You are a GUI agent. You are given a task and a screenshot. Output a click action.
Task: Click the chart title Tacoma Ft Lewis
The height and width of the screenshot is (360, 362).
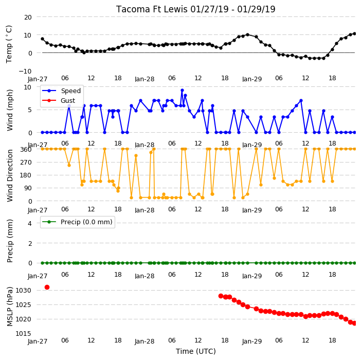[152, 9]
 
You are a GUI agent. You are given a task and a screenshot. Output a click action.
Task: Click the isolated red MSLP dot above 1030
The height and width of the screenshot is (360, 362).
[47, 287]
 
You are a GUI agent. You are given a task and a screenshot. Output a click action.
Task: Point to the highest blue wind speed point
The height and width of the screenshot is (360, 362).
[182, 91]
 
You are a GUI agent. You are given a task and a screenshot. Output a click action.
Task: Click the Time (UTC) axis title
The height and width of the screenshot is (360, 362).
[196, 351]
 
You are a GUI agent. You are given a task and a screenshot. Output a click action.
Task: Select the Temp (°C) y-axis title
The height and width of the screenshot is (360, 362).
[9, 44]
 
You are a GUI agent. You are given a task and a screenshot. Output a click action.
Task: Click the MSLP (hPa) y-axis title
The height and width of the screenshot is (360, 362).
[9, 307]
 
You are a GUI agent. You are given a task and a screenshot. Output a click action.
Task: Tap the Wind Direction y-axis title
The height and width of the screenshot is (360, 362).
[10, 175]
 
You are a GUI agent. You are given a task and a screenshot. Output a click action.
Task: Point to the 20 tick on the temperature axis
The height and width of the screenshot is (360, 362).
[28, 17]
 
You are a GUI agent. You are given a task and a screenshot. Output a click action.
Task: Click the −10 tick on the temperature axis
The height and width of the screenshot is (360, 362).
[25, 71]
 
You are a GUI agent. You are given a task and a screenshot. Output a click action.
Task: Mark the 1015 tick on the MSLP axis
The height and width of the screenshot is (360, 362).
[23, 333]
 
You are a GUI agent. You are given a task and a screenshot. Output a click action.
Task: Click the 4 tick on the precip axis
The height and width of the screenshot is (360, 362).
[30, 223]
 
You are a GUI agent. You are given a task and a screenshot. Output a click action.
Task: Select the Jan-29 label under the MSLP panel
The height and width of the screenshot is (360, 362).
[252, 341]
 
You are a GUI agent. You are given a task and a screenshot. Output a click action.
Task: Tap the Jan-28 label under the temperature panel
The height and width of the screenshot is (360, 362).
[144, 79]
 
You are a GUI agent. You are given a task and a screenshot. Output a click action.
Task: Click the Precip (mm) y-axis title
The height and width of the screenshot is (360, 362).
[9, 241]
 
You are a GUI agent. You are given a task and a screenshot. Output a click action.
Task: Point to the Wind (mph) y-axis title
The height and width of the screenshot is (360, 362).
[9, 110]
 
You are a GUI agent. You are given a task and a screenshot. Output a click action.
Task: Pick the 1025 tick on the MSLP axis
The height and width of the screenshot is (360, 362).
[23, 305]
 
